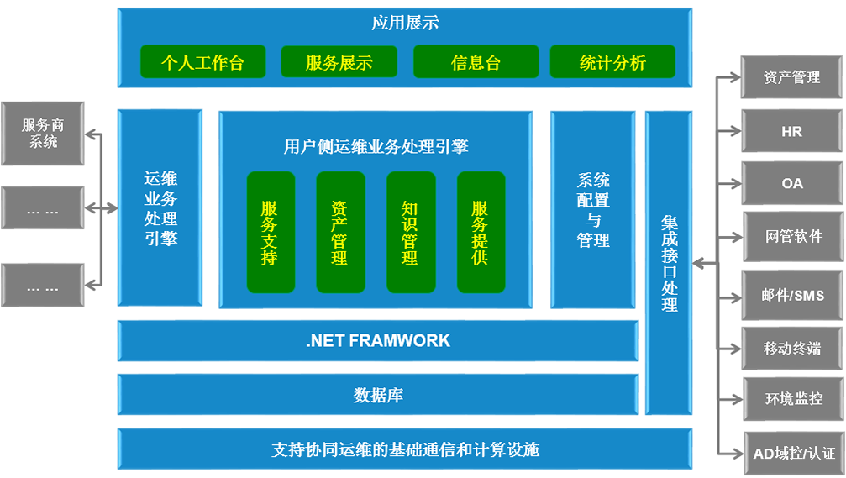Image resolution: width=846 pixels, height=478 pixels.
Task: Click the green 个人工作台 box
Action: tap(202, 63)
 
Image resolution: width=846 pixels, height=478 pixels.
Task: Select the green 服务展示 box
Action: tap(339, 63)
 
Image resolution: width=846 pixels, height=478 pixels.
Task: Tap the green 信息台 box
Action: tap(476, 63)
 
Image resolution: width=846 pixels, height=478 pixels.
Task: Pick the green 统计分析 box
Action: tap(612, 63)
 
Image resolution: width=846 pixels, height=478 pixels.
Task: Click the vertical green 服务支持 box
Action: tap(270, 232)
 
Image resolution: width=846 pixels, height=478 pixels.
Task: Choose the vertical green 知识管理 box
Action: tap(410, 232)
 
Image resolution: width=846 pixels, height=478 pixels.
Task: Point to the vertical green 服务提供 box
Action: tap(481, 232)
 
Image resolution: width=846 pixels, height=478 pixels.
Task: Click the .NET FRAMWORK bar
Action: tap(378, 341)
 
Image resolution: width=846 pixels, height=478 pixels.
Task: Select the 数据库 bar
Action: tap(378, 395)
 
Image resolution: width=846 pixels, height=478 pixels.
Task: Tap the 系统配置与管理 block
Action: tap(593, 210)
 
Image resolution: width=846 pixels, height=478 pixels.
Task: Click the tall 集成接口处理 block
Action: tap(669, 263)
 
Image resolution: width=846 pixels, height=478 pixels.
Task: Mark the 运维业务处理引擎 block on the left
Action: tap(160, 208)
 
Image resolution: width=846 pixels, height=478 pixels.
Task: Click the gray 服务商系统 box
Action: tap(43, 134)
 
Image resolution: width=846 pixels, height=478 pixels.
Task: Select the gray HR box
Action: tap(792, 131)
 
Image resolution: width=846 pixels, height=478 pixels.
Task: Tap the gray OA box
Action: tap(792, 183)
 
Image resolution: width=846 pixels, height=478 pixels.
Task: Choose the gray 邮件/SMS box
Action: tap(792, 295)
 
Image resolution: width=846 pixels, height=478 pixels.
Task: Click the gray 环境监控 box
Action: tap(792, 399)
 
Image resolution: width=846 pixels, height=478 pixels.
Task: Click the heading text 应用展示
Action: tap(405, 24)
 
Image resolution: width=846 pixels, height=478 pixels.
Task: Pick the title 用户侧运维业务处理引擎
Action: tap(376, 147)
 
